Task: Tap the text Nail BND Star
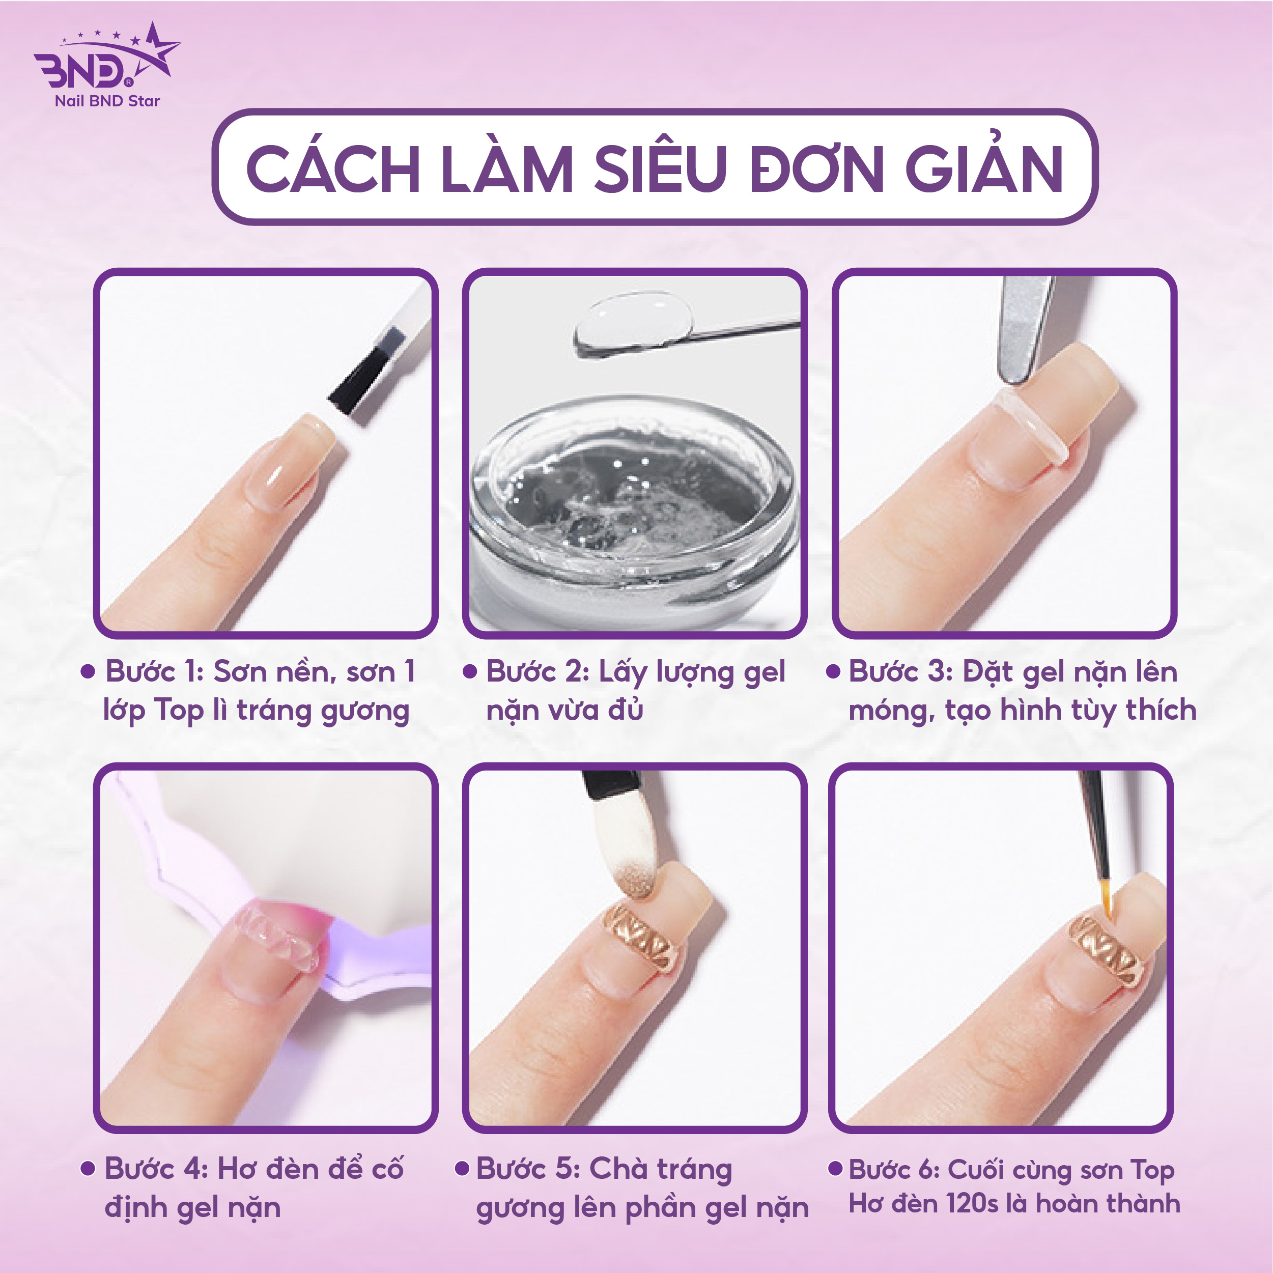(x=107, y=101)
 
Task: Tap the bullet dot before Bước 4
(x=87, y=1169)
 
